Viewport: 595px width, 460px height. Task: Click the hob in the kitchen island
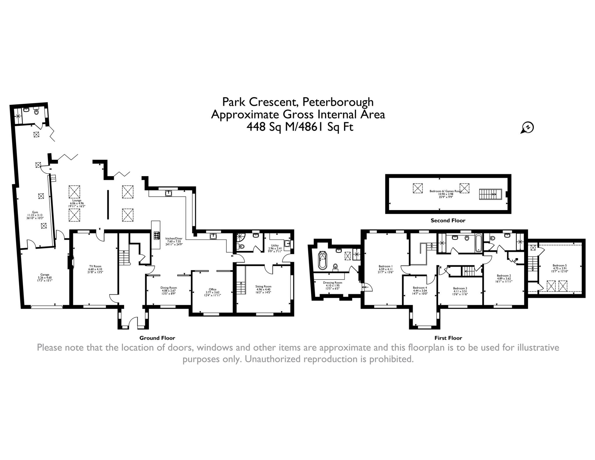point(156,235)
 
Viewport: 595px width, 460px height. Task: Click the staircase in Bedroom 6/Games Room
point(490,194)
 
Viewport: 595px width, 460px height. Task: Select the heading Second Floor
point(448,221)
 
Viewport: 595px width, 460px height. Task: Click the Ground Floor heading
point(157,338)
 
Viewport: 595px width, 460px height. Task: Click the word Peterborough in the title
point(338,102)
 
